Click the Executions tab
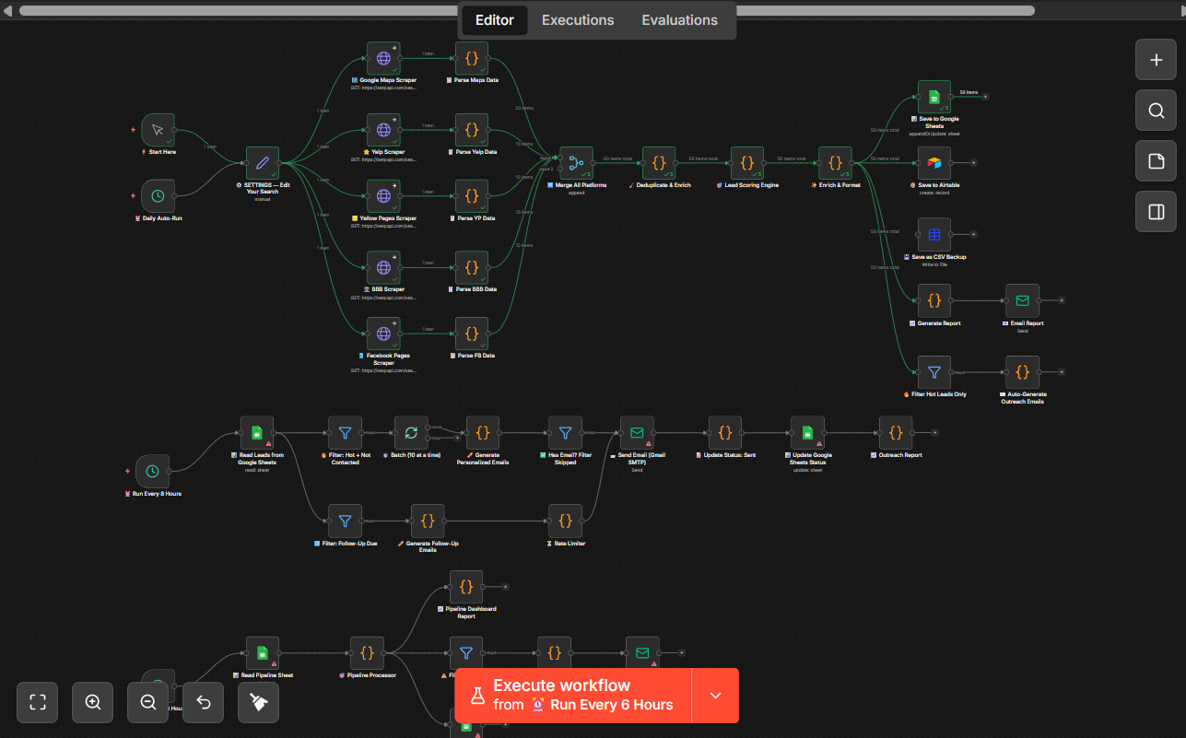coord(578,20)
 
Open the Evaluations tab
coord(679,20)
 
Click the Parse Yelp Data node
coord(472,130)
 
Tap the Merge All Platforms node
coord(576,163)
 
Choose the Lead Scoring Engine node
coord(746,163)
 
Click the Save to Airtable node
coord(934,163)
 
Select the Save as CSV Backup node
coord(934,235)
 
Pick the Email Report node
coord(1022,300)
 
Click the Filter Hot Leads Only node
coord(934,372)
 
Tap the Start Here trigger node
coord(158,130)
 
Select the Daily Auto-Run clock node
coord(158,196)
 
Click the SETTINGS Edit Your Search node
coord(262,163)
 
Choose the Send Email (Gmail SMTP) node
coord(637,432)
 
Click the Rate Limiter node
coord(565,521)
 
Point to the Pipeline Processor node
coord(367,652)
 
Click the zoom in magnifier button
coord(93,702)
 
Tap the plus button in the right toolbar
coord(1156,61)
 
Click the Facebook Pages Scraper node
coord(383,334)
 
